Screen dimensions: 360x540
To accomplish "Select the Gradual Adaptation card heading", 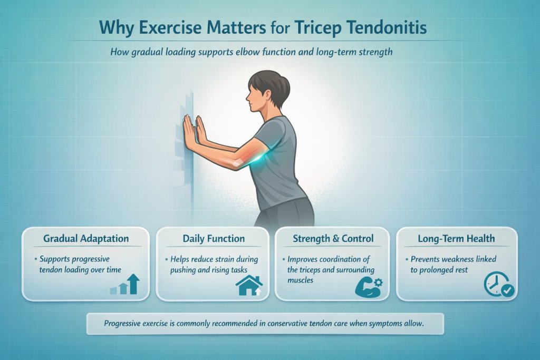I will pos(86,239).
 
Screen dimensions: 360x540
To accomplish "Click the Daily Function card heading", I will pos(214,239).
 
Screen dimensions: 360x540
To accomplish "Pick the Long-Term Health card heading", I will pos(456,239).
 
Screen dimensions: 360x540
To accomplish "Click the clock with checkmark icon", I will pos(498,286).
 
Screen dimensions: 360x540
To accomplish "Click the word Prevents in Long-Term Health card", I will pos(429,260).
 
